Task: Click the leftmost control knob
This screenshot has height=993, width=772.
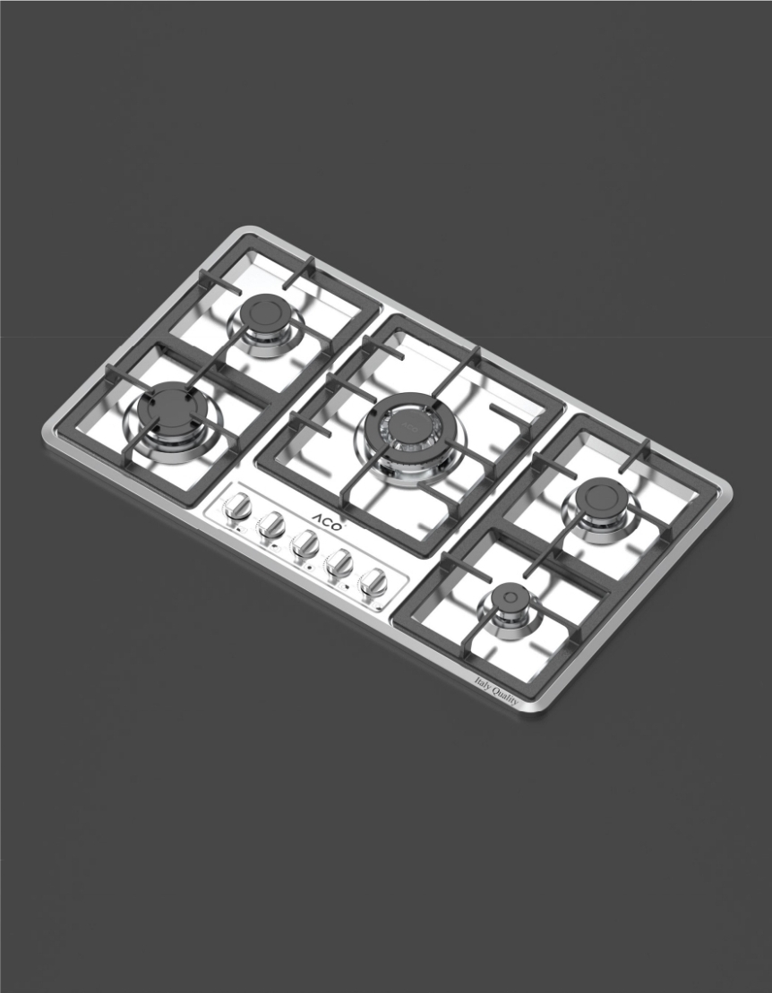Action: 238,508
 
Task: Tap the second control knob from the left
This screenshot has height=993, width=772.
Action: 271,525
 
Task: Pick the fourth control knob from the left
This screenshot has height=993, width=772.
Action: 339,562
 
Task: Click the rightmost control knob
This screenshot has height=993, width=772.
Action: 373,581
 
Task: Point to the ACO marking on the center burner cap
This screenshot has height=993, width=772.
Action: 408,424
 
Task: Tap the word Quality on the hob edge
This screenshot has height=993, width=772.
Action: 506,696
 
